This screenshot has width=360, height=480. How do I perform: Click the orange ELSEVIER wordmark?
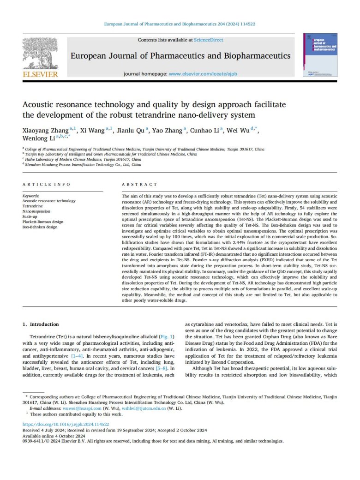pyautogui.click(x=40, y=74)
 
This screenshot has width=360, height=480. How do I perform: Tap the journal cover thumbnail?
pyautogui.click(x=319, y=54)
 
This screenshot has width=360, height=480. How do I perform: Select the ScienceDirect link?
pyautogui.click(x=208, y=41)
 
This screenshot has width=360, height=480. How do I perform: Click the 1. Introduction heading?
pyautogui.click(x=41, y=311)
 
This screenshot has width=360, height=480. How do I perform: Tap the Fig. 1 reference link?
pyautogui.click(x=166, y=324)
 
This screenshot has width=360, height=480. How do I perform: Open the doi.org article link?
pyautogui.click(x=66, y=424)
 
